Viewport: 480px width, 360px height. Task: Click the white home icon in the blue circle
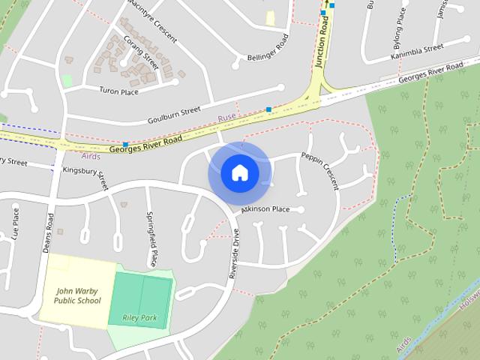pyautogui.click(x=239, y=173)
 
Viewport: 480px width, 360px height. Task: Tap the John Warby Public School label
pyautogui.click(x=77, y=295)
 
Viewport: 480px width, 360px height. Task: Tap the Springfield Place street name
pyautogui.click(x=152, y=239)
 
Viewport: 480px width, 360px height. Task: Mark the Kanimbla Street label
pyautogui.click(x=417, y=52)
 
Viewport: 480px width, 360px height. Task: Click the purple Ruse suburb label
pyautogui.click(x=226, y=118)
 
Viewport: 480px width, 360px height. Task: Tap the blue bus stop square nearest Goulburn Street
pyautogui.click(x=268, y=109)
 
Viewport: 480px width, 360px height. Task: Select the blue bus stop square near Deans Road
pyautogui.click(x=125, y=144)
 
